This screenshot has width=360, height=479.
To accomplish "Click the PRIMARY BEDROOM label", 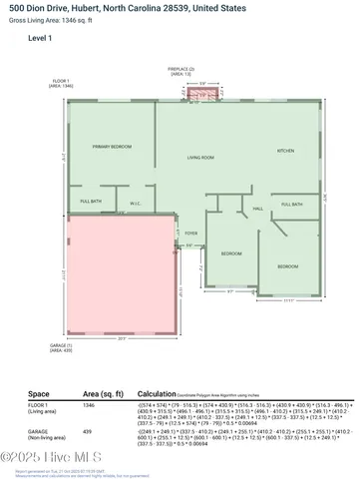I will click(113, 147).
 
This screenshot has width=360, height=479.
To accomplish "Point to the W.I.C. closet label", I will click(136, 204).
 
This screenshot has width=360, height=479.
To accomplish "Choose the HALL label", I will click(257, 208).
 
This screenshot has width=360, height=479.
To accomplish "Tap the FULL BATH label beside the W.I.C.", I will click(91, 203).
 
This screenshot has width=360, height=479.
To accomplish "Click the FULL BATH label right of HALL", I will click(291, 204).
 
